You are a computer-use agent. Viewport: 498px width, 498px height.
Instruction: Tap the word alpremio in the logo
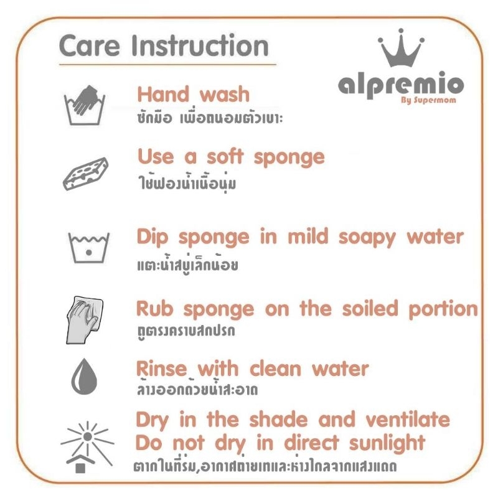point(401,86)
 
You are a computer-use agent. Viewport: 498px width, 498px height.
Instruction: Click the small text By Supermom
point(428,100)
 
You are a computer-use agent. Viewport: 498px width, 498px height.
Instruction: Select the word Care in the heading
point(90,46)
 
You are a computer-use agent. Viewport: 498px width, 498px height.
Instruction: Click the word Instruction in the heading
point(200,46)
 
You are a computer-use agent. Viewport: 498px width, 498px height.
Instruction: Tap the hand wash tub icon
point(85,105)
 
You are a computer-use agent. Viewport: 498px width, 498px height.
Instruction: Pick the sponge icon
point(85,174)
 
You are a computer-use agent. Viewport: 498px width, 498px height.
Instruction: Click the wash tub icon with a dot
point(89,248)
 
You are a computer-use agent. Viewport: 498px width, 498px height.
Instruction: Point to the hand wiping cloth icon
point(85,320)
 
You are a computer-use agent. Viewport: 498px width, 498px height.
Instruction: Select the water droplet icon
point(84,377)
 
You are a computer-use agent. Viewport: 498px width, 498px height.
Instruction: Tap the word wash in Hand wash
point(225,95)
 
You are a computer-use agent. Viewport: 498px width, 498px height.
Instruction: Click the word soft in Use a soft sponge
point(225,157)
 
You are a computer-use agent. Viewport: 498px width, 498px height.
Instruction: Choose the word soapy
point(367,238)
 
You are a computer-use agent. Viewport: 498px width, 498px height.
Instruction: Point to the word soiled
point(370,308)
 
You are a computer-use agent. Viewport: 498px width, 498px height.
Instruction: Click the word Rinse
point(161,369)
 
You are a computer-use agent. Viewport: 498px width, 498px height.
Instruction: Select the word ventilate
point(408,420)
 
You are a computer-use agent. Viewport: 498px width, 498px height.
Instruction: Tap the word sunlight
point(387,444)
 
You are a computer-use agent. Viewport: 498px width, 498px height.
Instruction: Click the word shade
point(278,420)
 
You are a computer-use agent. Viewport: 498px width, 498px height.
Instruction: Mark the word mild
point(308,237)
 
